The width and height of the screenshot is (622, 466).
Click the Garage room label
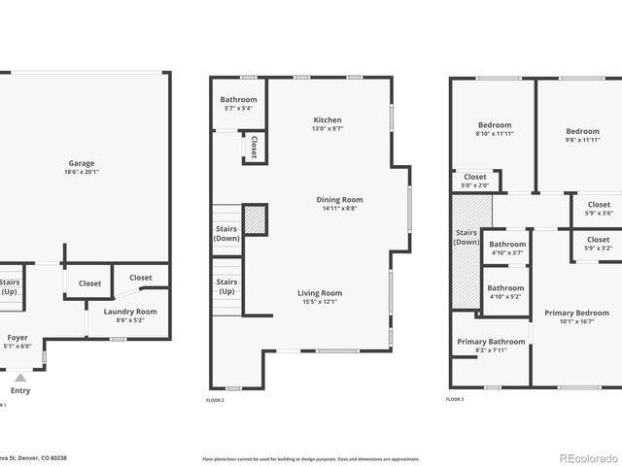pos(82,163)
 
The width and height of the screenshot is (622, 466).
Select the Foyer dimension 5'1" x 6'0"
pos(18,346)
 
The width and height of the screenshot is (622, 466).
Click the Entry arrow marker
pos(19,376)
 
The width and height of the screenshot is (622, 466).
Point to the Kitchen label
pos(327,120)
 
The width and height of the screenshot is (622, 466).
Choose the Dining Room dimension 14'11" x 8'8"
pos(327,208)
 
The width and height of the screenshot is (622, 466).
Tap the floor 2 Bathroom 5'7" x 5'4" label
pos(238,99)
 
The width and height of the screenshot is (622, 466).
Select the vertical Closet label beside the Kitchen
pos(254,148)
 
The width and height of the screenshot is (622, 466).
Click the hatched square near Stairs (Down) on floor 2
pos(254,218)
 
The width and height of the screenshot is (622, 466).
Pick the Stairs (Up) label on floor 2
pos(226,285)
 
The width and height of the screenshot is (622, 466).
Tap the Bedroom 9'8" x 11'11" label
pos(583,131)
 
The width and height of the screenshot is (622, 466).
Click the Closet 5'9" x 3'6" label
pos(599,205)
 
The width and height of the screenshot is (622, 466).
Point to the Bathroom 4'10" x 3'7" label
pos(506,245)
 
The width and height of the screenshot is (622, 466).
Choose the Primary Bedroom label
pos(576,313)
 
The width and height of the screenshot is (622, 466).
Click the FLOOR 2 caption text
pos(215,400)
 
